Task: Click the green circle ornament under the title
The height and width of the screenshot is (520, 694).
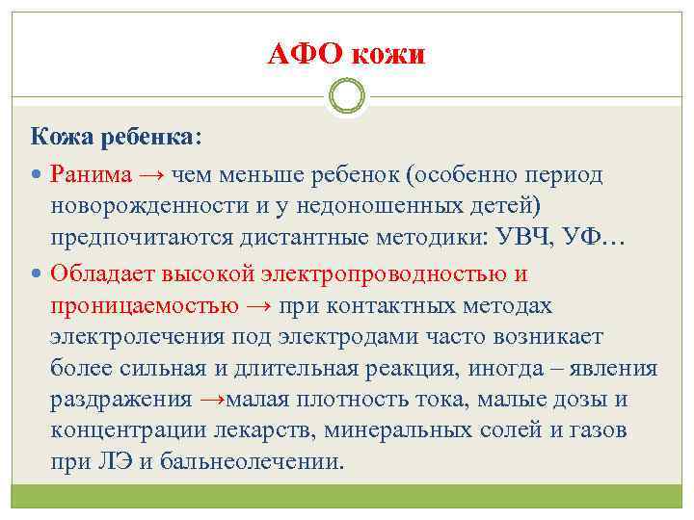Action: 347,98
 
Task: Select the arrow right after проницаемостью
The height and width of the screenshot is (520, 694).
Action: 259,306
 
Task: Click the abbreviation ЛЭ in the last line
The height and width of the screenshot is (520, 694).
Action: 115,461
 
